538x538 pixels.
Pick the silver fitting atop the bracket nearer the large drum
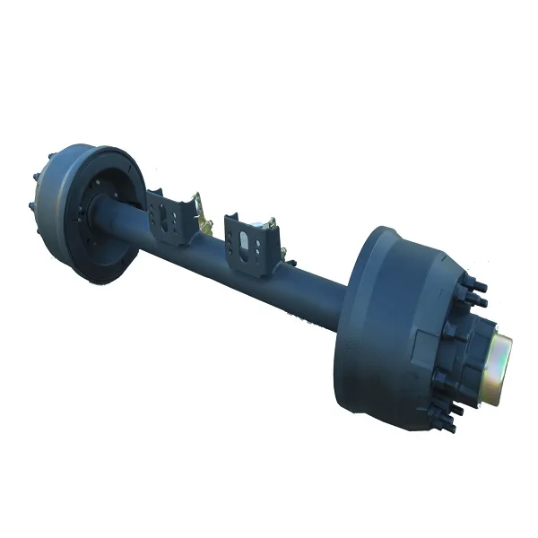266,223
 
